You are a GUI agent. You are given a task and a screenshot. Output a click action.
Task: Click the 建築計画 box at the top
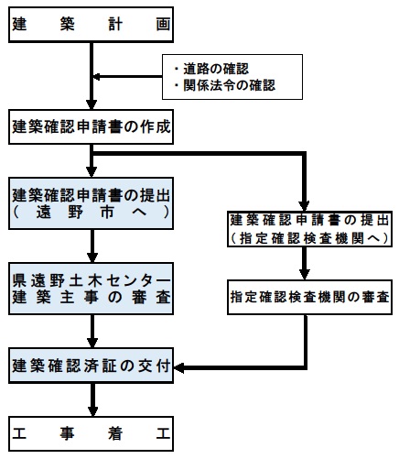(x=91, y=25)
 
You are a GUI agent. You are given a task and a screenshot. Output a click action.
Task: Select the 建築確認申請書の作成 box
(x=91, y=126)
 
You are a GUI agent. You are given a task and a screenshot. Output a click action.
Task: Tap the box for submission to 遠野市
(x=91, y=203)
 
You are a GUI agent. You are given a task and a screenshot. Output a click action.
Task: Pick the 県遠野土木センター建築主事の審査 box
(x=91, y=289)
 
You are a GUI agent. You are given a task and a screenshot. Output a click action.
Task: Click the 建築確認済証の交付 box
(x=91, y=366)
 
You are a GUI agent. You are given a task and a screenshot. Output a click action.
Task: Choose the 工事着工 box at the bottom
(x=91, y=433)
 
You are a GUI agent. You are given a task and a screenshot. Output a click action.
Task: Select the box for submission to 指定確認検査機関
(x=309, y=229)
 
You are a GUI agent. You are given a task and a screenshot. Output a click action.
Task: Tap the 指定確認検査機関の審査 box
(x=309, y=297)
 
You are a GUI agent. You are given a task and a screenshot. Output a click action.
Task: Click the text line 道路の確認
(x=216, y=69)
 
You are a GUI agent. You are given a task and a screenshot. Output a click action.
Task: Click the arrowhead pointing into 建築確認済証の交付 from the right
(x=178, y=367)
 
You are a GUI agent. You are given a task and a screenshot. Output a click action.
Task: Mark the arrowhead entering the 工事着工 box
(x=92, y=411)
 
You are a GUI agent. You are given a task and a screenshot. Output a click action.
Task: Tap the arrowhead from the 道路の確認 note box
(x=96, y=77)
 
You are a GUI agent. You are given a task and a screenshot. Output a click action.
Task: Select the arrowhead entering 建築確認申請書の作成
(x=92, y=104)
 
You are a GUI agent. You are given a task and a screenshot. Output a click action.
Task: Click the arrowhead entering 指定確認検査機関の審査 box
(x=305, y=275)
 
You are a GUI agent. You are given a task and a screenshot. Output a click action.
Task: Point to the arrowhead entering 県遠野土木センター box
(x=92, y=257)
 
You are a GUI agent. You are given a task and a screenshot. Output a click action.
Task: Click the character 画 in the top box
(x=163, y=25)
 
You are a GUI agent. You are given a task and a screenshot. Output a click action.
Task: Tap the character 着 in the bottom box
(x=115, y=433)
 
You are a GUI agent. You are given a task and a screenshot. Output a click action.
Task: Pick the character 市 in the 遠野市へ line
(x=107, y=212)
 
